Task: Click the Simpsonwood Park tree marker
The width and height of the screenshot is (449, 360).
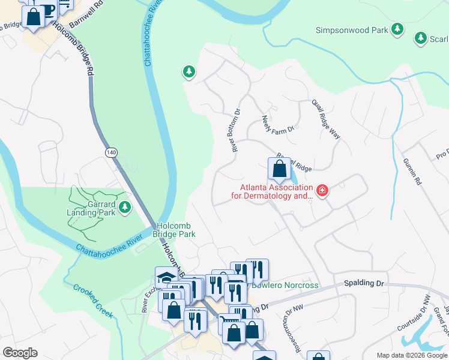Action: pyautogui.click(x=397, y=29)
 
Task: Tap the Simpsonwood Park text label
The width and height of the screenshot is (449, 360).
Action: pyautogui.click(x=352, y=29)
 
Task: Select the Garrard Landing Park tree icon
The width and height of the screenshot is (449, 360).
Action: pyautogui.click(x=125, y=208)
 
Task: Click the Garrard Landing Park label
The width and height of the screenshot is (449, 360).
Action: pyautogui.click(x=91, y=208)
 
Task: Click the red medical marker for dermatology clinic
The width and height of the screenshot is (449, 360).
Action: pyautogui.click(x=322, y=191)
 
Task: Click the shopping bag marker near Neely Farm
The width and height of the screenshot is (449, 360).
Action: pyautogui.click(x=279, y=169)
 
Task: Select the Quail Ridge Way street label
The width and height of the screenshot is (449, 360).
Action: pyautogui.click(x=326, y=119)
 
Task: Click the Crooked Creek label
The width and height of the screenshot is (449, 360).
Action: pyautogui.click(x=91, y=297)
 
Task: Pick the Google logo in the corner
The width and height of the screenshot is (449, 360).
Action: pyautogui.click(x=20, y=352)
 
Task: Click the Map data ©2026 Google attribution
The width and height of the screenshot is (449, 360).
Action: pyautogui.click(x=411, y=355)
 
